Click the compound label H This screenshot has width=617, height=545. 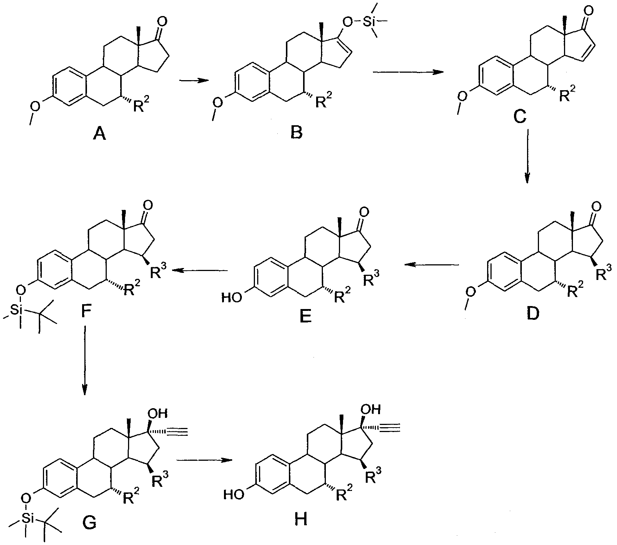tap(300, 519)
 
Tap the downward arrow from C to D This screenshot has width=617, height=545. tap(527, 157)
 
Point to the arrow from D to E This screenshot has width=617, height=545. tap(432, 265)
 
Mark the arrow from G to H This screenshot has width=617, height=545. tap(203, 460)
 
